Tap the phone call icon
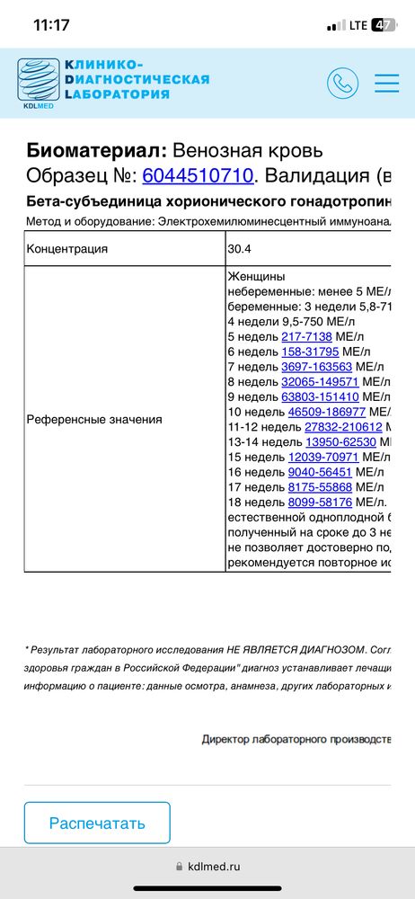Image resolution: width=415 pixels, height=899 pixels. [x=342, y=83]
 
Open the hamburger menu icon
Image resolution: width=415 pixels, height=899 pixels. [x=387, y=83]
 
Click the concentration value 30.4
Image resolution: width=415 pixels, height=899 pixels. [x=242, y=249]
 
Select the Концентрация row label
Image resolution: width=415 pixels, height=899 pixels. [x=67, y=249]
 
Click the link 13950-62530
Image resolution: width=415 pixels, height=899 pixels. [x=340, y=443]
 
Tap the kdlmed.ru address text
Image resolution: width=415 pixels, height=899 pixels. [x=214, y=867]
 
